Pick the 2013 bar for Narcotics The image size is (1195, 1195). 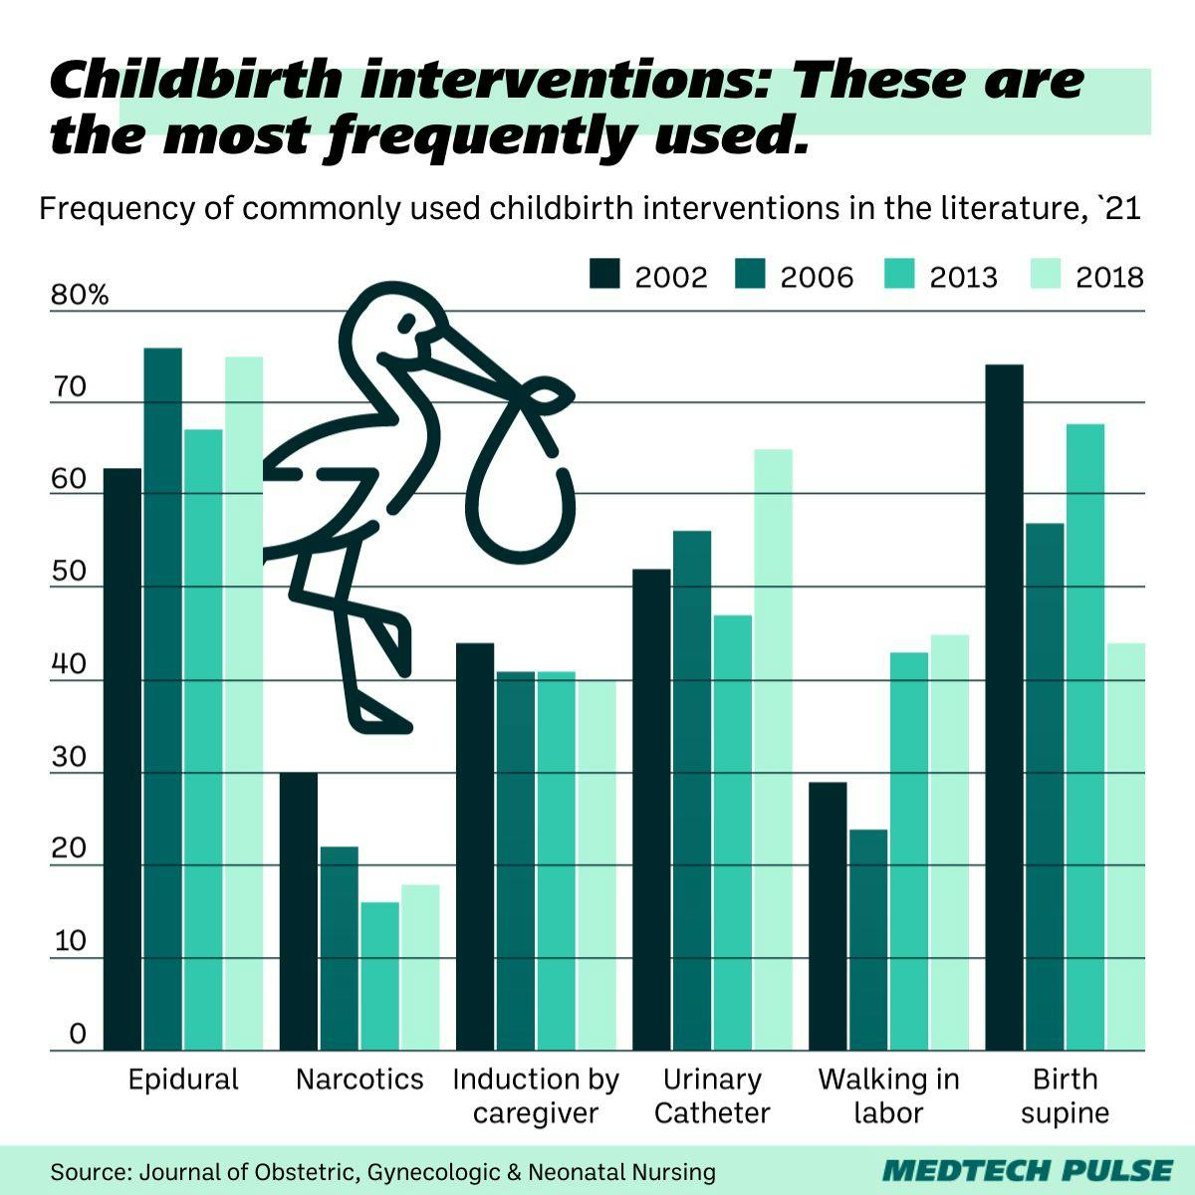click(x=379, y=976)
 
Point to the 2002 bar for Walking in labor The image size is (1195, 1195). click(x=828, y=916)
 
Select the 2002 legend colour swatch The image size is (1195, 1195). click(x=605, y=275)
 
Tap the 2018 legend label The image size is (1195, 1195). click(x=1109, y=277)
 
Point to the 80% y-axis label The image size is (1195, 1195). click(x=80, y=296)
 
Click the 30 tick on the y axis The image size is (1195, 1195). click(x=70, y=757)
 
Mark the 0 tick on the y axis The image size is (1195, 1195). click(x=78, y=1035)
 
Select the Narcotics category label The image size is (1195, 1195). click(x=359, y=1079)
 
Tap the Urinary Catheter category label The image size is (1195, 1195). click(x=712, y=1095)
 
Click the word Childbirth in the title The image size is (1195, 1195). click(x=195, y=80)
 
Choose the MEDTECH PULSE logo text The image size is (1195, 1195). click(x=1028, y=1170)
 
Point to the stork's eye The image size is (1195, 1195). click(x=406, y=323)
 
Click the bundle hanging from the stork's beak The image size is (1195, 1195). click(x=518, y=478)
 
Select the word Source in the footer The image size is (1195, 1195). click(x=88, y=1171)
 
